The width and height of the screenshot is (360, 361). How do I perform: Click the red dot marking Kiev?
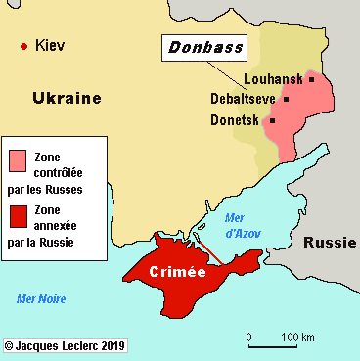click(23, 46)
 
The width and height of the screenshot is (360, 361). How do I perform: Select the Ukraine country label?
click(67, 98)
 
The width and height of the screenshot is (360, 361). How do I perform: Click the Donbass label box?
click(203, 47)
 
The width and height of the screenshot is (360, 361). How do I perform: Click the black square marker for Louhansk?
click(311, 79)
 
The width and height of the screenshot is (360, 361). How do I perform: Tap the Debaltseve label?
click(243, 99)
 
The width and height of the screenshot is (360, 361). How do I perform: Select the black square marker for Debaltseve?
click(286, 99)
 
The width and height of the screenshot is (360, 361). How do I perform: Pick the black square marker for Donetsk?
click(272, 120)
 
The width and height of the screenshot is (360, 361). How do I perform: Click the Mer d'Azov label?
click(241, 226)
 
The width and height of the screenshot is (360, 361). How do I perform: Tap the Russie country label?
click(329, 243)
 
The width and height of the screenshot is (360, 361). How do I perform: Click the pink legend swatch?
click(18, 159)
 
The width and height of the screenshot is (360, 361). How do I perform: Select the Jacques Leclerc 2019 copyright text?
click(65, 346)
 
